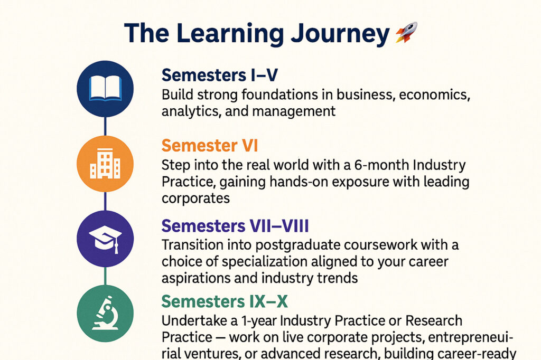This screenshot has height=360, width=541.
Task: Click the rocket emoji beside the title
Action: (406, 32)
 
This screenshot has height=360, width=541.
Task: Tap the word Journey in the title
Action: (340, 34)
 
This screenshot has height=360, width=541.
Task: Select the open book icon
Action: (105, 88)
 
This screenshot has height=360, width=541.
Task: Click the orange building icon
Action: (105, 164)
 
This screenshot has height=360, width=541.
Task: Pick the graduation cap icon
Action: (105, 239)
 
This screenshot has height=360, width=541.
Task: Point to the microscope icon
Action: (105, 313)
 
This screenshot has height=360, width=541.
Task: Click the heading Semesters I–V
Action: (219, 75)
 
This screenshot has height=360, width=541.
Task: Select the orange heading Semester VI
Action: (209, 146)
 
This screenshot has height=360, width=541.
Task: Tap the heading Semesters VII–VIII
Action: (235, 226)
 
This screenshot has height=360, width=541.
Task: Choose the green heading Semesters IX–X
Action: (224, 301)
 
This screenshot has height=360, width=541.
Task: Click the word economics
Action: (434, 95)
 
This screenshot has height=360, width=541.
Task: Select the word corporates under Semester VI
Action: (195, 198)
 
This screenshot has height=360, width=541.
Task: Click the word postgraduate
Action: (297, 245)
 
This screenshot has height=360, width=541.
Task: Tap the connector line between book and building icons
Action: (105, 126)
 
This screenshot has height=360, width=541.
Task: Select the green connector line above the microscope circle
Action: (105, 276)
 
